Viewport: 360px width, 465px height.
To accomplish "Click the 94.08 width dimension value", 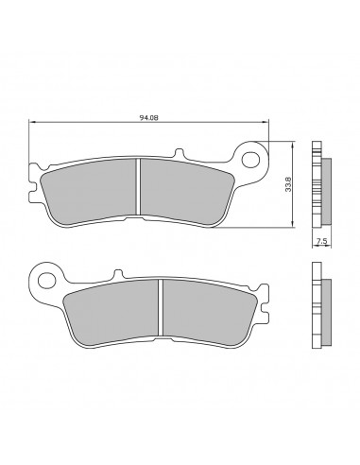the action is coord(148,118).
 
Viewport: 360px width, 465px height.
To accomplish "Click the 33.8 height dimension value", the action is coord(289,184).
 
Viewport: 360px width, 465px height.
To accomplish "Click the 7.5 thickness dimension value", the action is coord(321,241).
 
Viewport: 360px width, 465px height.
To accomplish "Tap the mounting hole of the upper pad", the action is coord(250,159).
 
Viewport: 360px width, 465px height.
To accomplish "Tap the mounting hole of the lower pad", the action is coord(46,279).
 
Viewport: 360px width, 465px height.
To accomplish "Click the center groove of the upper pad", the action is coord(138,186).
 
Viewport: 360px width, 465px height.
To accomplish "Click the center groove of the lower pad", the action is coord(161,307).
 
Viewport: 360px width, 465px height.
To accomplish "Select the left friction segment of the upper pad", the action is coord(90,192).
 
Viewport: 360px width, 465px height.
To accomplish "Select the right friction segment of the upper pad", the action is coord(186,192).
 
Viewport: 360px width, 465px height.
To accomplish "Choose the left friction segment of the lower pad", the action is coord(111,313).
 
